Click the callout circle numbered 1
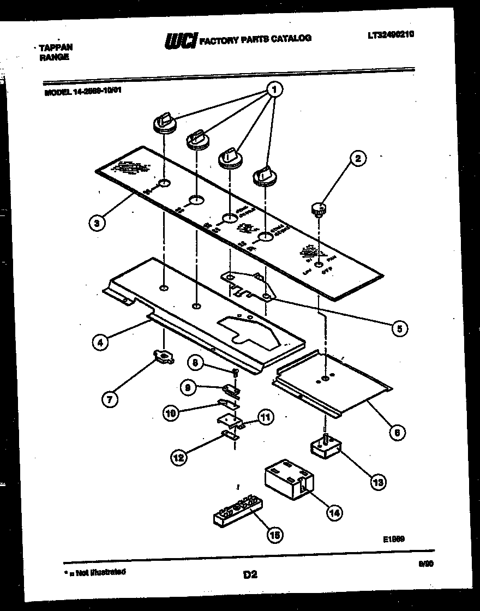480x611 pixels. [x=275, y=88]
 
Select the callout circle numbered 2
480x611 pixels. [x=358, y=159]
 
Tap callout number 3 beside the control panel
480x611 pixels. [x=96, y=222]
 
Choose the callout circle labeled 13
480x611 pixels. [x=377, y=482]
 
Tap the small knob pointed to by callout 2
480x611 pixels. [x=319, y=208]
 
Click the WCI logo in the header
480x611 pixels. [x=181, y=40]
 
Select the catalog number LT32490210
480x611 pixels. [x=391, y=34]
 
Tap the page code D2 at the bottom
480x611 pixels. [x=249, y=574]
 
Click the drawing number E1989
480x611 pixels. [x=393, y=538]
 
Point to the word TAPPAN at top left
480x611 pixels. [x=56, y=47]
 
